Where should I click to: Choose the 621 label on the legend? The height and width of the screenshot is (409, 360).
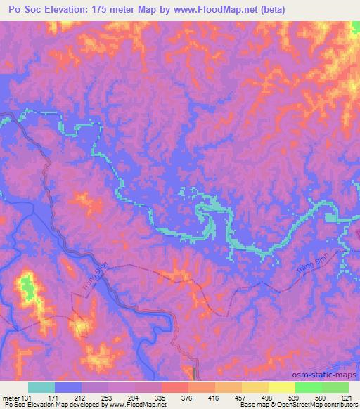347,397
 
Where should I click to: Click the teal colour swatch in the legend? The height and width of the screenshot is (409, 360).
41,387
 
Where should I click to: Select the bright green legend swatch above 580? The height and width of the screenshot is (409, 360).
309,387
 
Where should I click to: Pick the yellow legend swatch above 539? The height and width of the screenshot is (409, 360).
282,387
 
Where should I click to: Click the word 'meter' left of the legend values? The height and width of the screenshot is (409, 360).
9,397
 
